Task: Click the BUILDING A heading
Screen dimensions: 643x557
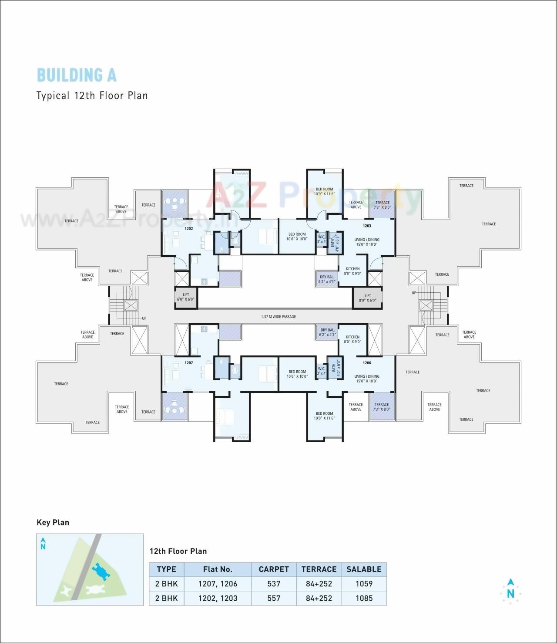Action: click(77, 75)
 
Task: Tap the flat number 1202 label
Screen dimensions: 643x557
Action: click(188, 228)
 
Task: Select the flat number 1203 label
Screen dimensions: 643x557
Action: click(367, 226)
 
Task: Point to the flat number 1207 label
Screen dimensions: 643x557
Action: click(188, 362)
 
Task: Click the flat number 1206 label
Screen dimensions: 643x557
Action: click(367, 362)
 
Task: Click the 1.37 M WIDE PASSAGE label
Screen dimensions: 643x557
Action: click(278, 317)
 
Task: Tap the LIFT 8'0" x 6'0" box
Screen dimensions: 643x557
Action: click(368, 298)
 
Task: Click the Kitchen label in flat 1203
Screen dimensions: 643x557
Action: click(352, 271)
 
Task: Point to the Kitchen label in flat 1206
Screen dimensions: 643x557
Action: click(352, 339)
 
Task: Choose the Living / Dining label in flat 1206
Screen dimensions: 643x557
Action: click(367, 379)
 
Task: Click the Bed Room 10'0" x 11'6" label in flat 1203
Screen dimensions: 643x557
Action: click(325, 191)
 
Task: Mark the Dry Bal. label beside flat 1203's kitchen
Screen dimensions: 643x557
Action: click(327, 279)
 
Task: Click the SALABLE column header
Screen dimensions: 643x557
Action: click(364, 569)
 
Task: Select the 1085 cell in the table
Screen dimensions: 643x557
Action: click(364, 598)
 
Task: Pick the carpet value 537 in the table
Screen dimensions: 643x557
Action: click(274, 584)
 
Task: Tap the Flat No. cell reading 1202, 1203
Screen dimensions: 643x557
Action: click(218, 598)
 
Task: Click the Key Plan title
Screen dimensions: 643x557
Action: click(53, 522)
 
